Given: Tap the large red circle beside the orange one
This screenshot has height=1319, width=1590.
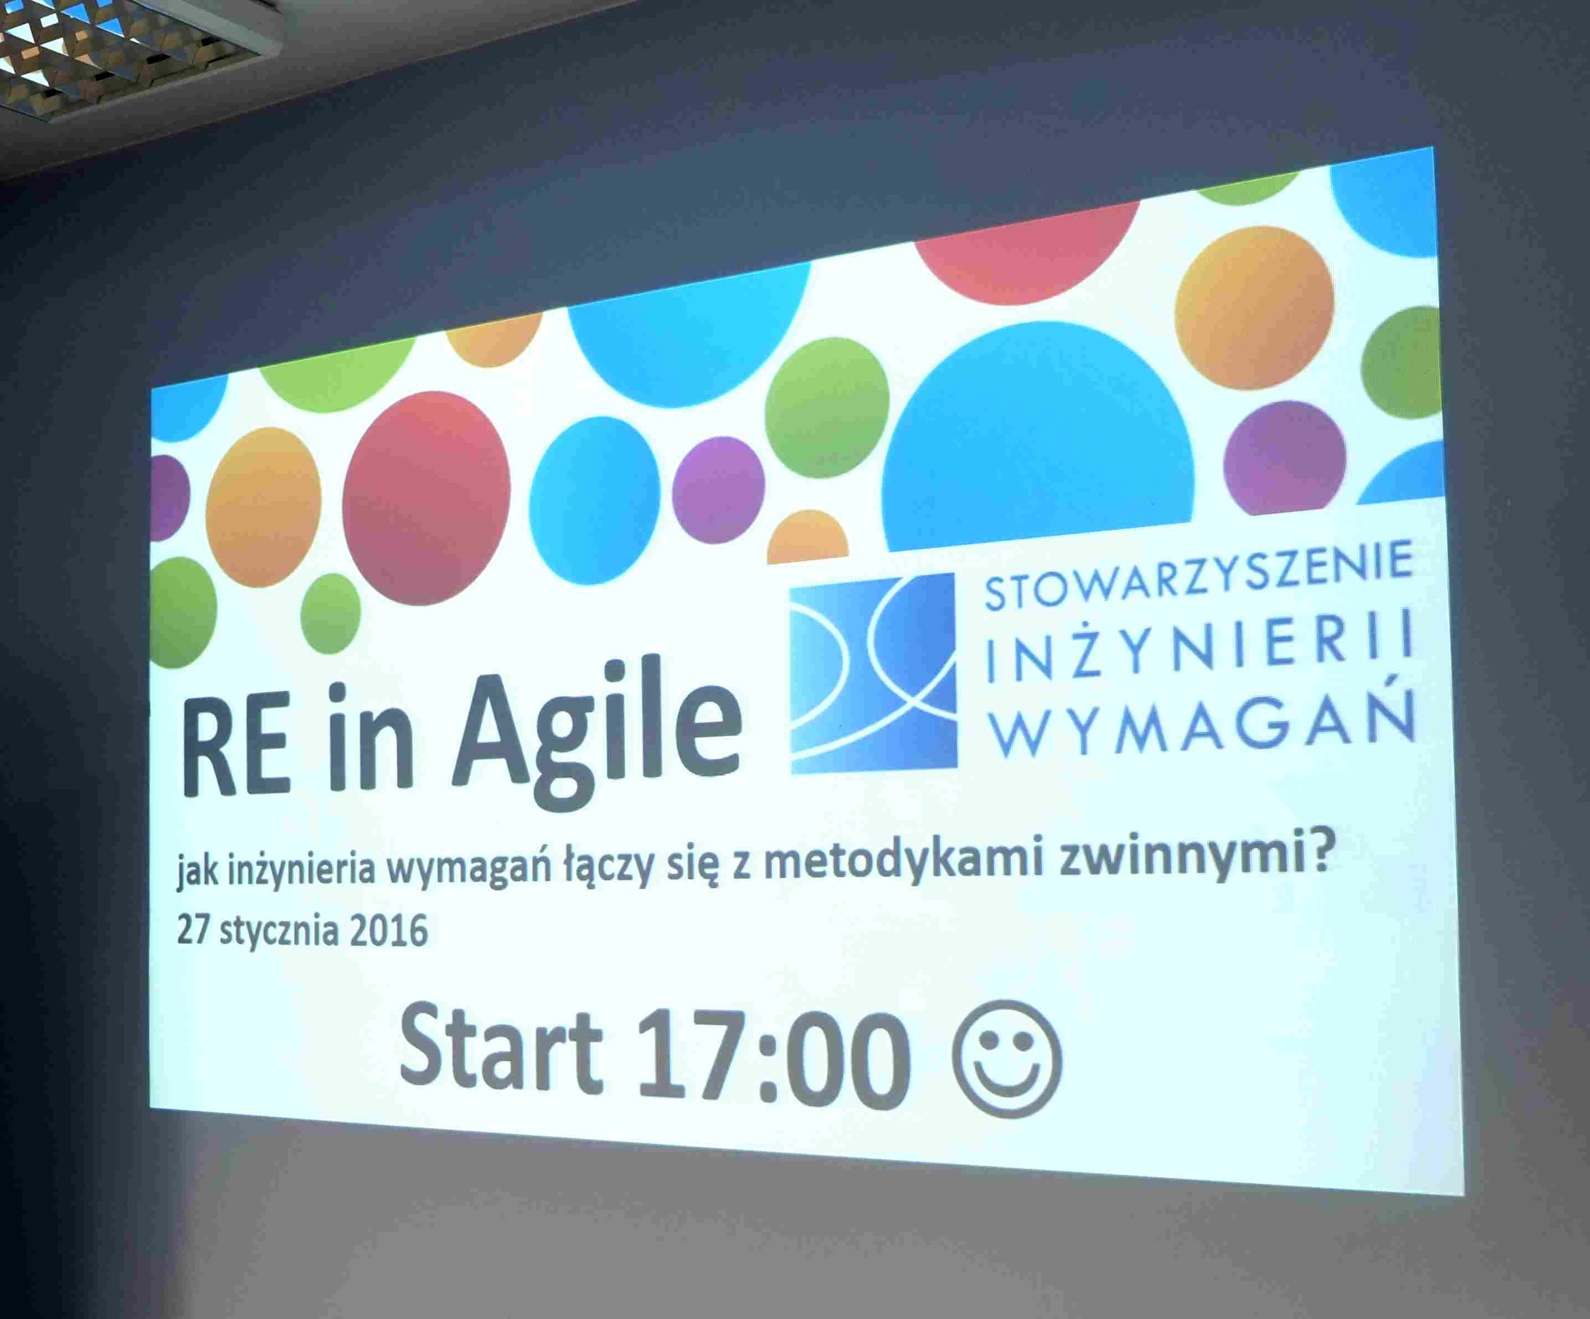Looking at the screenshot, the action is (426, 497).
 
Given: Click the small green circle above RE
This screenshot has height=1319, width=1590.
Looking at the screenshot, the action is (330, 613).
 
